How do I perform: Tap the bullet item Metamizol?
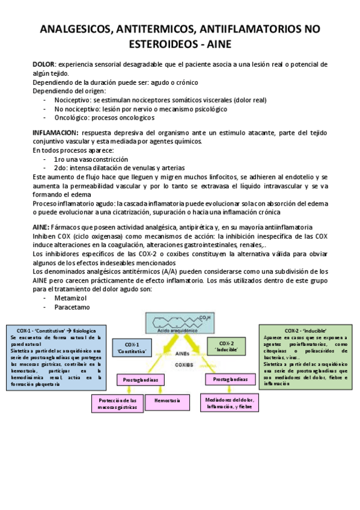pos(71,298)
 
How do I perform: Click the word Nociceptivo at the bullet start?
pos(73,100)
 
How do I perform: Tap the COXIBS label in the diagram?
pos(183,364)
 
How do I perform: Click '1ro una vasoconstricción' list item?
pos(91,159)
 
